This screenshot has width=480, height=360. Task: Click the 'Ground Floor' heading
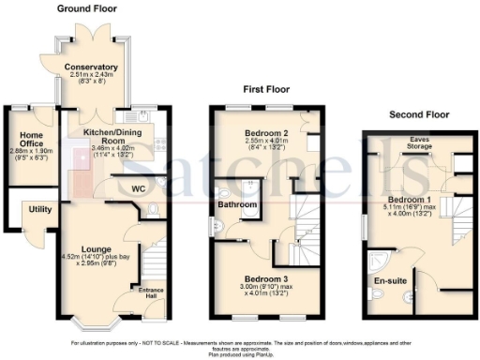click(92, 8)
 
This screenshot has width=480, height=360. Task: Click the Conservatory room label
click(91, 67)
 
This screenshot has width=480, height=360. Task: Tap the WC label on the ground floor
click(138, 188)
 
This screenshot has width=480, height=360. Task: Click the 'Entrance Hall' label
click(151, 293)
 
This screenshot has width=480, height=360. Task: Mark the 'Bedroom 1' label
click(410, 201)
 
